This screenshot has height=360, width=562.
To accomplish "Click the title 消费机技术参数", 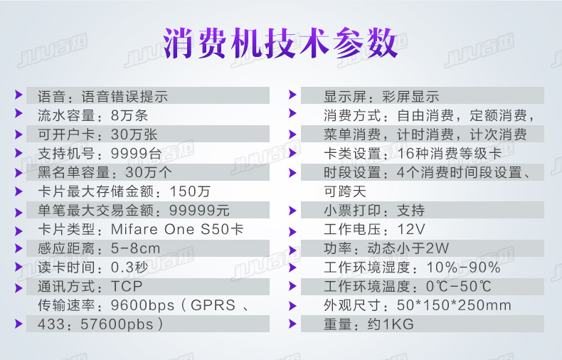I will [x=280, y=44].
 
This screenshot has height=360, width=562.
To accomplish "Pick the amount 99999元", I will [x=199, y=211].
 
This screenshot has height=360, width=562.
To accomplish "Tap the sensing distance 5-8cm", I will [x=136, y=249].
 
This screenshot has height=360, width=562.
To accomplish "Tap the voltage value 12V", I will [x=411, y=230].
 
